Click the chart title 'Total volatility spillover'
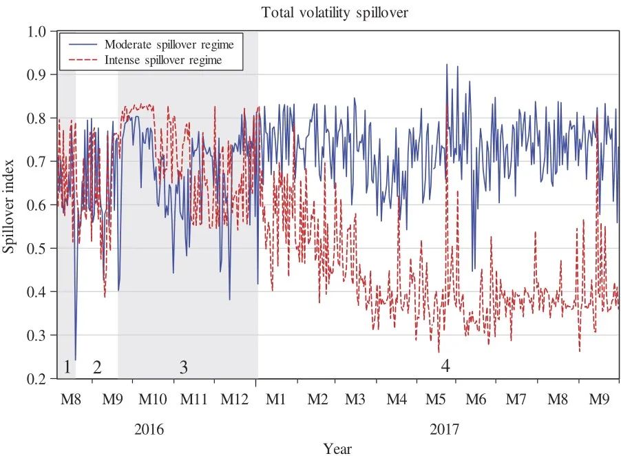point(335,12)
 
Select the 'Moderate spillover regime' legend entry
point(169,45)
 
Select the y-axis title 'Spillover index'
point(10,205)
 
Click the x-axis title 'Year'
point(338,448)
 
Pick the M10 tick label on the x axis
point(153,400)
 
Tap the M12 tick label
point(235,400)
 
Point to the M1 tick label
point(276,400)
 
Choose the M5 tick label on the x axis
point(436,400)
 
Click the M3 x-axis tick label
point(356,400)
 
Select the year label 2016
point(149,429)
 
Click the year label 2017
point(445,429)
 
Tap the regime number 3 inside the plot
point(183,367)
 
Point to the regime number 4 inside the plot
point(445,367)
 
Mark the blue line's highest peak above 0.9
point(447,65)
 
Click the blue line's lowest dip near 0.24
point(75,360)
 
